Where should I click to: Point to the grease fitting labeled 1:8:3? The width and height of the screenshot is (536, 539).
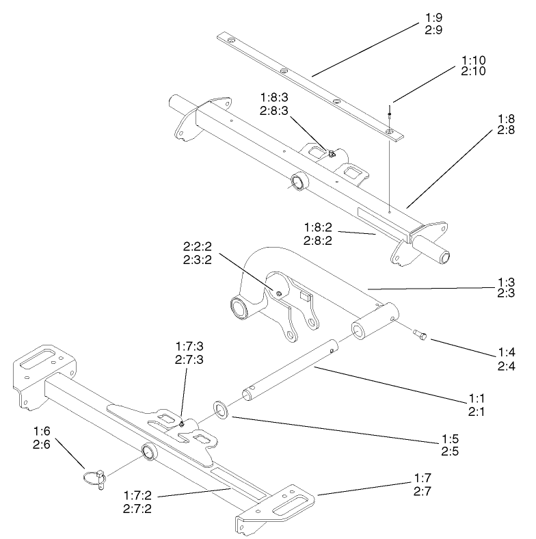click(330, 154)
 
